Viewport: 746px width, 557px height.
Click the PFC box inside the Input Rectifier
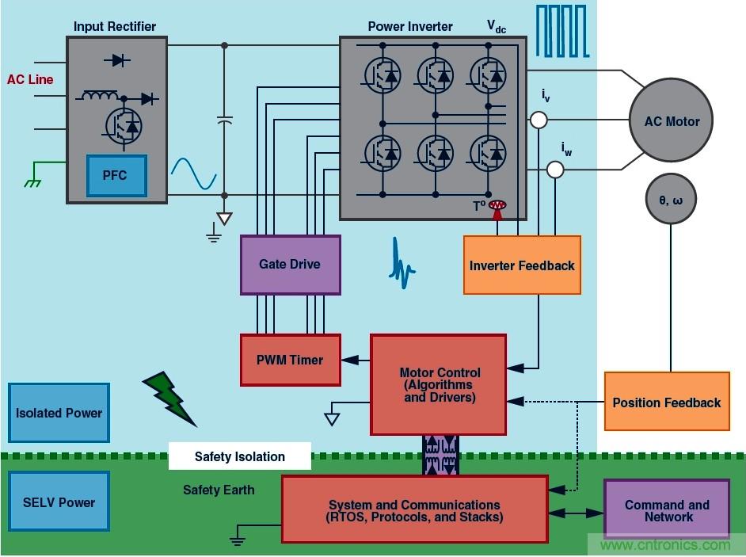116,175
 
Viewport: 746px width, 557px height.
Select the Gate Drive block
290,265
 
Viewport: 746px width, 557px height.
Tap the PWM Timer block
290,360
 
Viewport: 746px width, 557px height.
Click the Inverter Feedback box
522,265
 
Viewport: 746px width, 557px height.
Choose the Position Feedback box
666,402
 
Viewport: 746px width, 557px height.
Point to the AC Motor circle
670,121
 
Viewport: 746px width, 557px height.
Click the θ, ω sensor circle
670,200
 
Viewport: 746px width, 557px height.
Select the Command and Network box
666,510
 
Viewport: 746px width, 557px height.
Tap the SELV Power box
59,502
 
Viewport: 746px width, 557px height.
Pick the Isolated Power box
59,412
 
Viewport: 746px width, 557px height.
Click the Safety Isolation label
239,456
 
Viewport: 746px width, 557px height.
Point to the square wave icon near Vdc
562,31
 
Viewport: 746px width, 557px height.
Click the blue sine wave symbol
194,174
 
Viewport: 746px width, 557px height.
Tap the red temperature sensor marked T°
497,207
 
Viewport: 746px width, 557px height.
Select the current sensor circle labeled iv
539,120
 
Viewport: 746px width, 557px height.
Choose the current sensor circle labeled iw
556,170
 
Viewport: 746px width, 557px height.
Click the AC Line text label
30,79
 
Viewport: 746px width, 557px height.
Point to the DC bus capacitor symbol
224,120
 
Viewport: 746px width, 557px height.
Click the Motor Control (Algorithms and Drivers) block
438,384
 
